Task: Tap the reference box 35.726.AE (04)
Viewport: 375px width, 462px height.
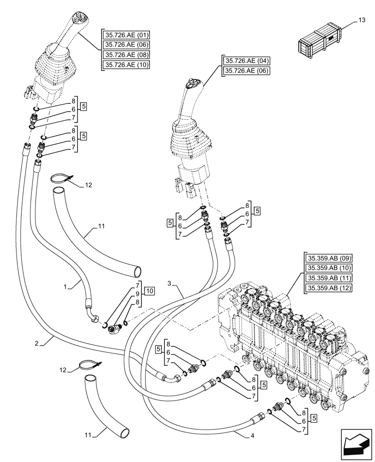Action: pos(248,61)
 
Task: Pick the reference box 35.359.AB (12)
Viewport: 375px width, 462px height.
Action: pos(327,288)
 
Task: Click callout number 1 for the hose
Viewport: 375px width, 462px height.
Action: pos(65,287)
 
